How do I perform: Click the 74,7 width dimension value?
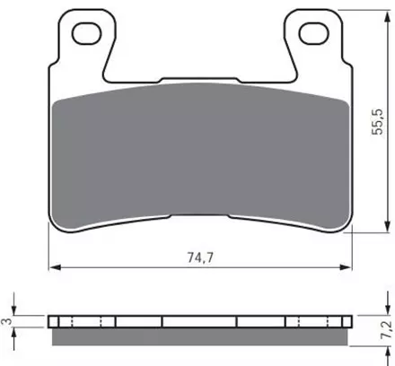tap(200, 257)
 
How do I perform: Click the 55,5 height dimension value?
tap(377, 122)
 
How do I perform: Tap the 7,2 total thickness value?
tap(386, 329)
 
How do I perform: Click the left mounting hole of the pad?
tap(86, 33)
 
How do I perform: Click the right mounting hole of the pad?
tap(314, 33)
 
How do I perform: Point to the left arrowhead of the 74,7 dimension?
tap(55, 267)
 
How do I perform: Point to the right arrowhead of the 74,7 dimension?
tap(346, 267)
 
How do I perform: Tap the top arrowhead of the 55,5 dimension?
tap(387, 16)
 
